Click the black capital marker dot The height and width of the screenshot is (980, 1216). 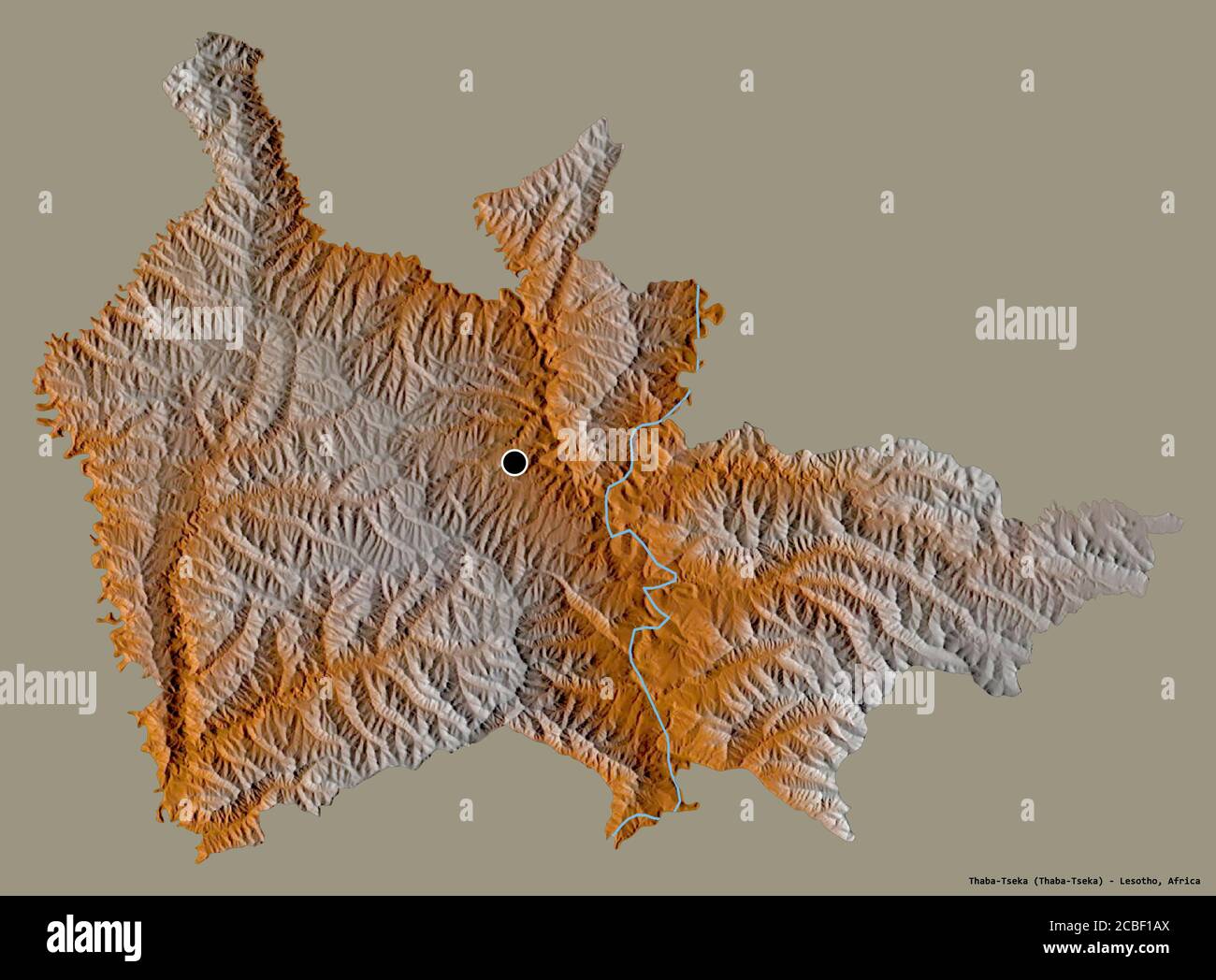pos(514,462)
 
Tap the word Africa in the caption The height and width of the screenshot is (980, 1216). pos(1181,880)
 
